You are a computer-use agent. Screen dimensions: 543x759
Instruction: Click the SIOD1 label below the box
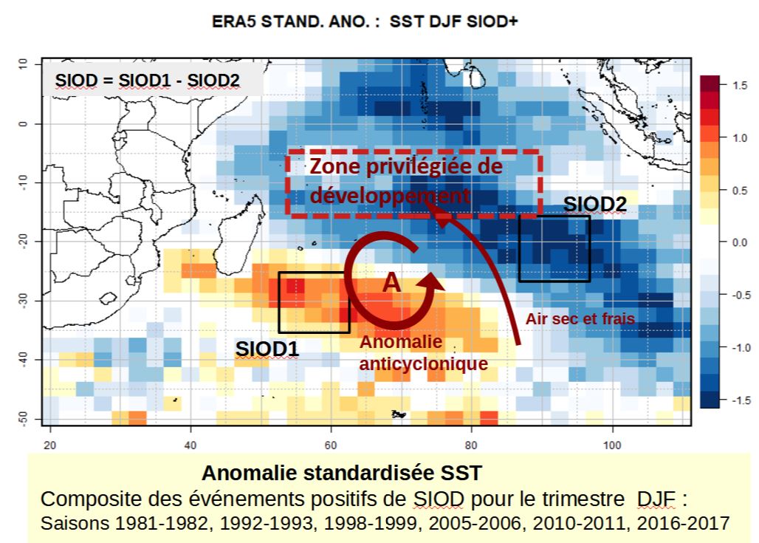[x=267, y=348]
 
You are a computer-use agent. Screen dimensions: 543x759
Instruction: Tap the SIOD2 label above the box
[x=594, y=205]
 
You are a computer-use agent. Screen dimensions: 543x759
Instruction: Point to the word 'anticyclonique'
[x=422, y=363]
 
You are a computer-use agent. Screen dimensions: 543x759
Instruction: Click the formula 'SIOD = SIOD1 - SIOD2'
[x=147, y=81]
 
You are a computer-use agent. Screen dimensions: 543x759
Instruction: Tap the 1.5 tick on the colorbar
[x=738, y=85]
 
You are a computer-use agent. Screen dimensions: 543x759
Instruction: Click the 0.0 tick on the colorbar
[x=738, y=242]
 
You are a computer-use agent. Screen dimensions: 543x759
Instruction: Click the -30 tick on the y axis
[x=24, y=299]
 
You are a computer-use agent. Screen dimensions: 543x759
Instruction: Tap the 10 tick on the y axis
[x=24, y=64]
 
